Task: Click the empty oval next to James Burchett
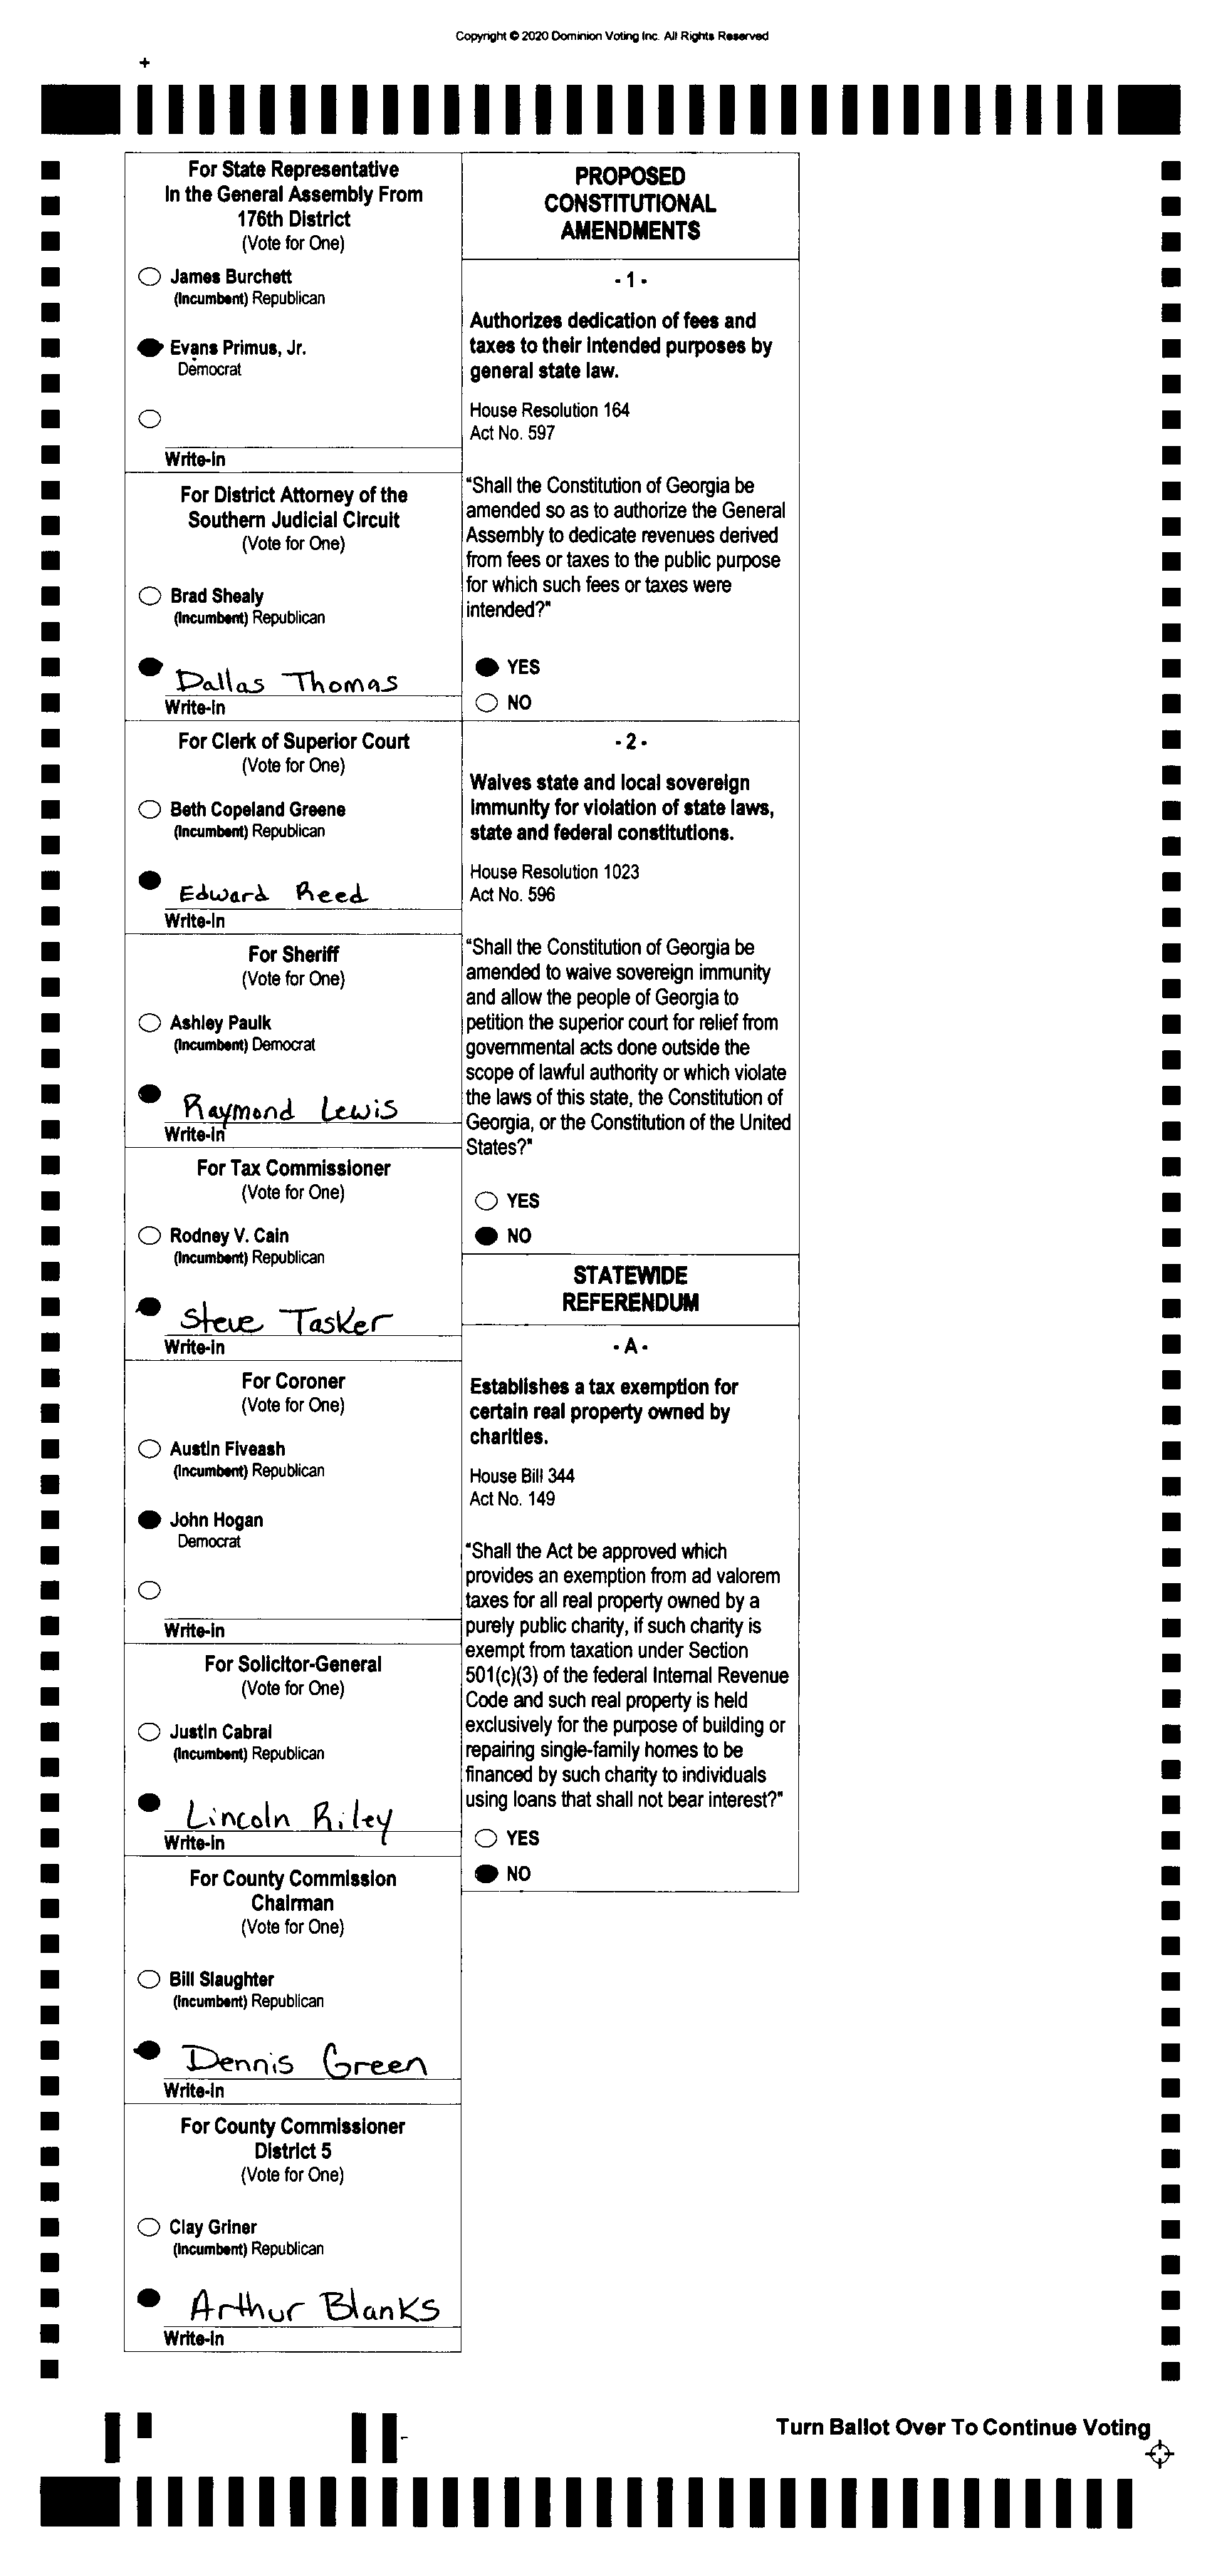(x=149, y=276)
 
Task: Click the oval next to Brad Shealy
(x=149, y=595)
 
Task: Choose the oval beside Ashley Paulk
(x=149, y=1022)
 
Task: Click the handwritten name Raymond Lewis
(x=289, y=1107)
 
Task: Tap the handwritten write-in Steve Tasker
(x=285, y=1320)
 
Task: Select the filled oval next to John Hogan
(x=149, y=1520)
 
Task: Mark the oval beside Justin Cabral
(x=149, y=1732)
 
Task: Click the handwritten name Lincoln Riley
(x=288, y=1818)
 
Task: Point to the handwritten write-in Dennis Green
(x=304, y=2061)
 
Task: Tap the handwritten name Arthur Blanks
(x=314, y=2305)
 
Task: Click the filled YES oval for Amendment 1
(x=487, y=667)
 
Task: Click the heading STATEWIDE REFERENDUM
(x=630, y=1289)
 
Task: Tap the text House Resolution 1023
(x=554, y=871)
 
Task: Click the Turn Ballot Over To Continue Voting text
(x=963, y=2427)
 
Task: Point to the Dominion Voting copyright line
(x=611, y=36)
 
